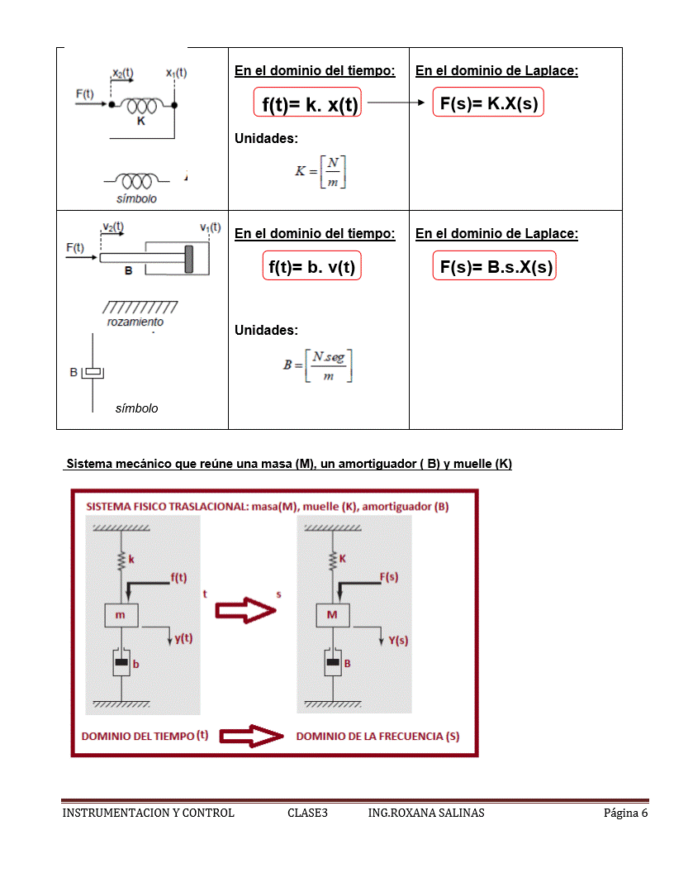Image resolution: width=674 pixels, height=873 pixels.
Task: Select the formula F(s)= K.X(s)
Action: coord(489,103)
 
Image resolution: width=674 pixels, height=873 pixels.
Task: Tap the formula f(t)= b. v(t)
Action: coord(311,267)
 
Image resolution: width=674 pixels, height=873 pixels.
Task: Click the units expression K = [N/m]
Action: coord(320,171)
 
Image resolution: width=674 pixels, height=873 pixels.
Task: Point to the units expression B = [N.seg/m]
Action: coord(318,365)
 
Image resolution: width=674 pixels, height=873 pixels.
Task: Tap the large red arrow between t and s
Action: coord(244,612)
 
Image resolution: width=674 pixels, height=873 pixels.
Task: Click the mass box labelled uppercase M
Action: coord(333,616)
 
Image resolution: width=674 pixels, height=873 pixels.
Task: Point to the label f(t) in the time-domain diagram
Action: coord(178,577)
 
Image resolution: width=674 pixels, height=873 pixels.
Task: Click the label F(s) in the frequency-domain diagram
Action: coord(389,577)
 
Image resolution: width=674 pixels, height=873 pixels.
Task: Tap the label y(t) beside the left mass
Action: coord(183,638)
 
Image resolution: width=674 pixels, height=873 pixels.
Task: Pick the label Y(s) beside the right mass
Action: coord(398,640)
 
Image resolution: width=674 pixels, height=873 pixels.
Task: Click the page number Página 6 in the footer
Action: coord(625,813)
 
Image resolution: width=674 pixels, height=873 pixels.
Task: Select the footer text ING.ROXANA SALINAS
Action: coord(426,813)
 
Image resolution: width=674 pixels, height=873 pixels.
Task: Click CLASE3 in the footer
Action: coord(307,813)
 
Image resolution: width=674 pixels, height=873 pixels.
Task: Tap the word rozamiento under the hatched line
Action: coord(135,322)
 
